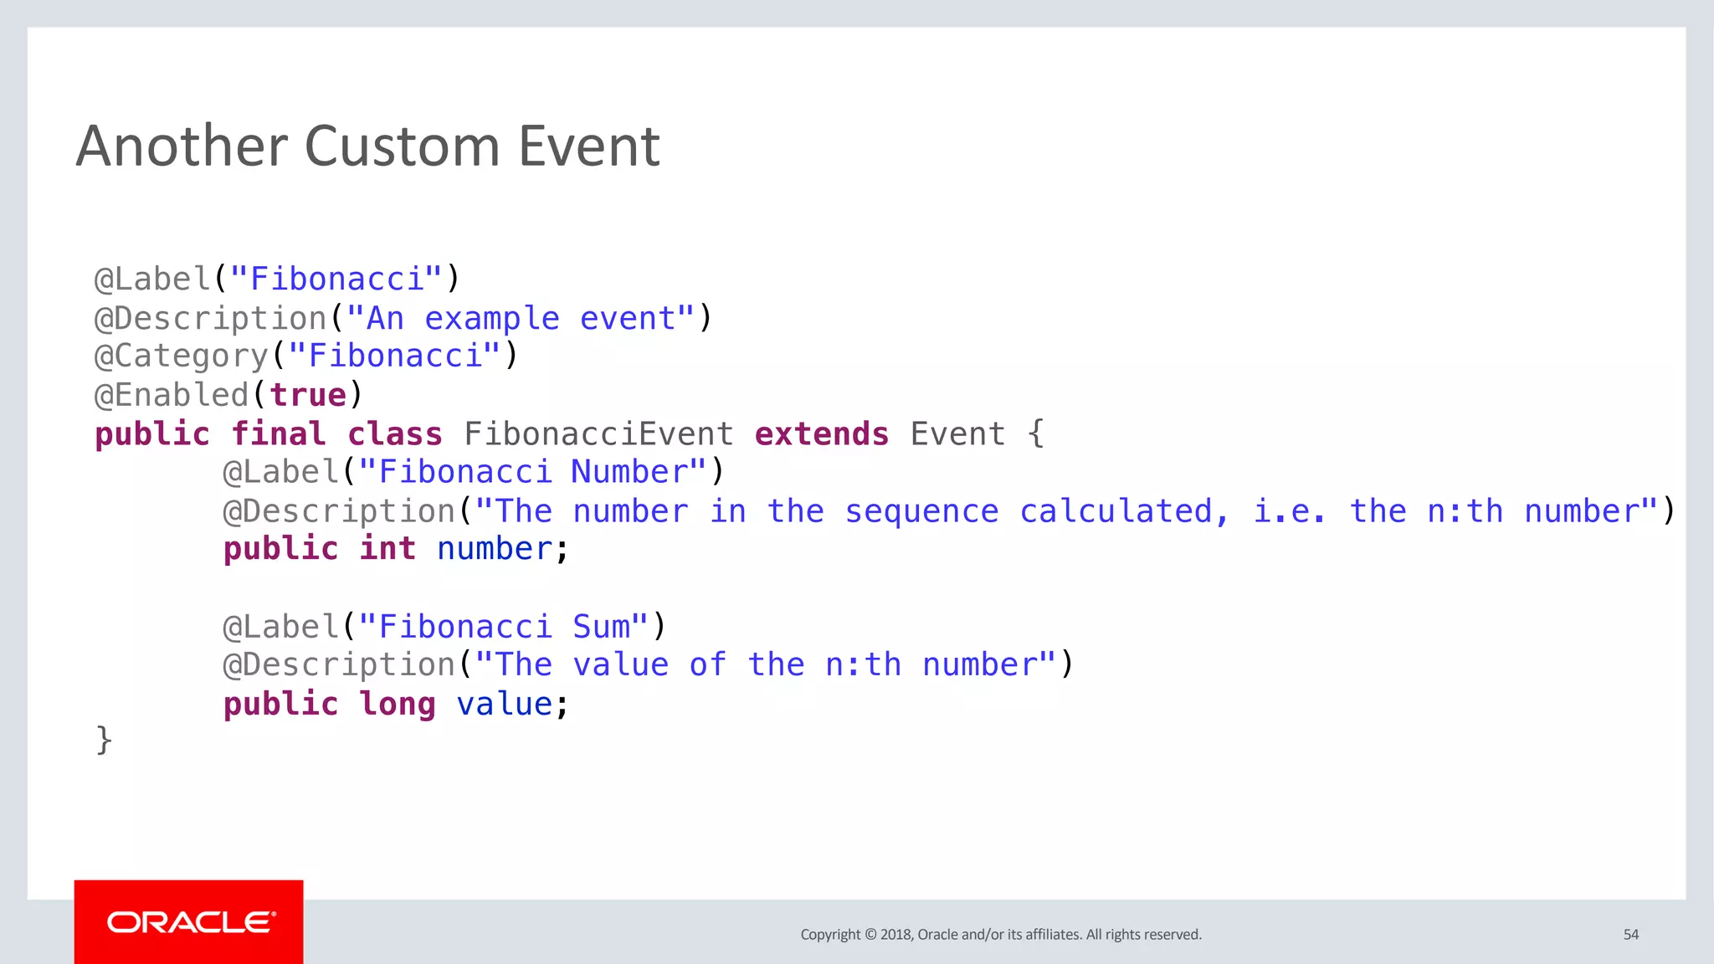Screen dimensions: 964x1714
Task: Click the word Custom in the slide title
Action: click(x=402, y=146)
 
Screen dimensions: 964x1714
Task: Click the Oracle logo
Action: click(x=189, y=922)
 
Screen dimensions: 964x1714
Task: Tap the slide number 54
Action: click(x=1630, y=935)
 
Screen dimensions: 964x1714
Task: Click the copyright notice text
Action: click(x=1000, y=935)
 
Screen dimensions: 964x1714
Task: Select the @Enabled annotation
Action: click(x=172, y=395)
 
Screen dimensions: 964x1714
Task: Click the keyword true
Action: click(x=308, y=395)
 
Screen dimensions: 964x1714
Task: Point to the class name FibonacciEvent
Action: click(x=598, y=434)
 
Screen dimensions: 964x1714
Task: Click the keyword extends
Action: click(x=821, y=434)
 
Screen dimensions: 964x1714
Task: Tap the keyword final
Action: click(x=278, y=434)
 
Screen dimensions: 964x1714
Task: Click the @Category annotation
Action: click(x=181, y=356)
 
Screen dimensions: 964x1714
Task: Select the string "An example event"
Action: click(x=520, y=319)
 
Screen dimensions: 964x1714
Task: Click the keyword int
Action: click(x=387, y=550)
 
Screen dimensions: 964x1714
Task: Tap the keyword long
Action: click(x=398, y=705)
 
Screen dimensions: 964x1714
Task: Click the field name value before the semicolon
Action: click(x=504, y=705)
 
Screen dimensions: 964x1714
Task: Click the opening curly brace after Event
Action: click(x=1036, y=434)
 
